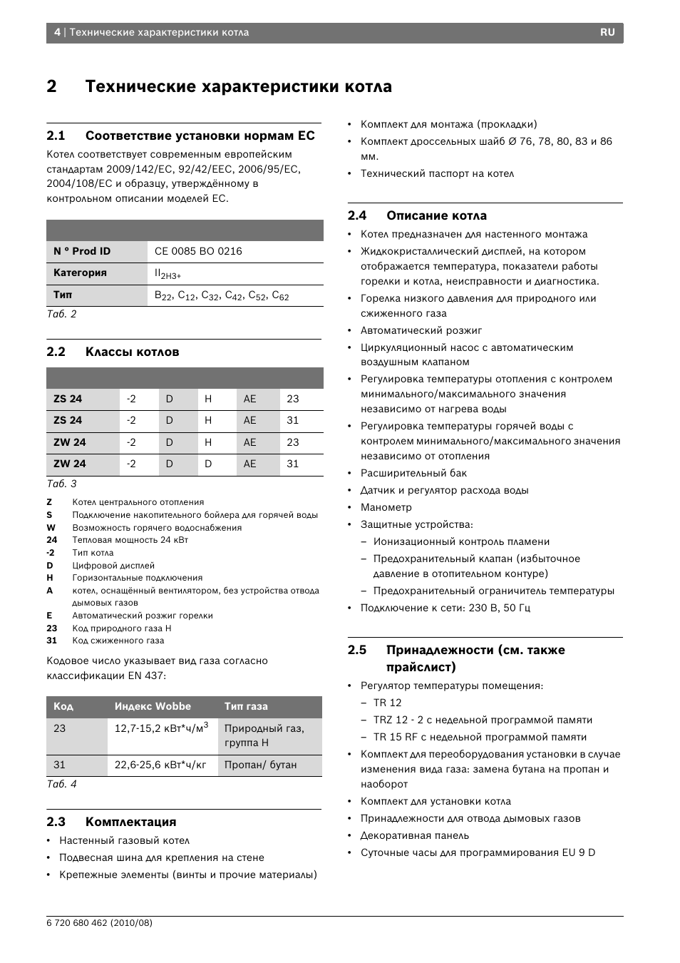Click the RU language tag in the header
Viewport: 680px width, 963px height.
pos(607,32)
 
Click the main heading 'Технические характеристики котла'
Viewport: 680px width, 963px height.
pos(238,86)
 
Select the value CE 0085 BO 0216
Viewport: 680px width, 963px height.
pos(198,251)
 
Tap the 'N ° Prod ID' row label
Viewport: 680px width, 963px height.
pos(82,251)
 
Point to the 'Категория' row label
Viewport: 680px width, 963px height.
pos(80,272)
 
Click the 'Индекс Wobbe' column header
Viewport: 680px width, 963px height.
pos(153,706)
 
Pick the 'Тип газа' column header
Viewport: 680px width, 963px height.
pos(246,706)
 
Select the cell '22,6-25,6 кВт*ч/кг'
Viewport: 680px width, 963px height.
pos(160,765)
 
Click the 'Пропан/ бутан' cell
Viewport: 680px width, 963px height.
pos(260,765)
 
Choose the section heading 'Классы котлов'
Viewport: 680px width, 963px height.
pos(132,352)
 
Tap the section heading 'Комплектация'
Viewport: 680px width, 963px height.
pos(130,822)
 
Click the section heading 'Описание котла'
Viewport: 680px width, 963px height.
pos(436,215)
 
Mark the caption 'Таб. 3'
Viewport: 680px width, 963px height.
pos(61,484)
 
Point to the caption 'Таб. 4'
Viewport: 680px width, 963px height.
pos(61,783)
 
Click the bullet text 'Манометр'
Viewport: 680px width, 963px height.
pos(386,507)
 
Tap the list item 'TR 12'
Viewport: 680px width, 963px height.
pos(387,703)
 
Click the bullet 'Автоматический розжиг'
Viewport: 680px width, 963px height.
pos(421,330)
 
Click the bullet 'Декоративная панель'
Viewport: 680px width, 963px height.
pos(414,835)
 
